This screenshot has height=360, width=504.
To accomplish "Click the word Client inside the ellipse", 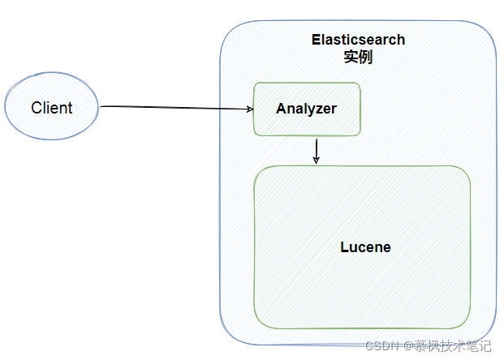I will tap(51, 108).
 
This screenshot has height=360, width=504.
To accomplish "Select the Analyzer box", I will tap(306, 109).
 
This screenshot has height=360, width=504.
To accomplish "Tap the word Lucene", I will tap(364, 247).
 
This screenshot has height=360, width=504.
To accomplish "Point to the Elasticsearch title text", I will tap(358, 40).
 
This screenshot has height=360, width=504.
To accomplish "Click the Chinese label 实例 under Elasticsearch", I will tap(358, 57).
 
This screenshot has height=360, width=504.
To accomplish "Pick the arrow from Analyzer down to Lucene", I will tap(317, 150).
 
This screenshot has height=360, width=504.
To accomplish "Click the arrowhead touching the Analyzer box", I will tap(248, 109).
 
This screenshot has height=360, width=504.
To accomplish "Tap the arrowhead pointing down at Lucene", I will tap(317, 161).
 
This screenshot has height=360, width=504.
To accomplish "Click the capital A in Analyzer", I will tap(281, 109).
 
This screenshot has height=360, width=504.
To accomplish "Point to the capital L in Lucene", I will tap(343, 247).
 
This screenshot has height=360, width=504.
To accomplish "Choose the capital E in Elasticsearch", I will tap(316, 40).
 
